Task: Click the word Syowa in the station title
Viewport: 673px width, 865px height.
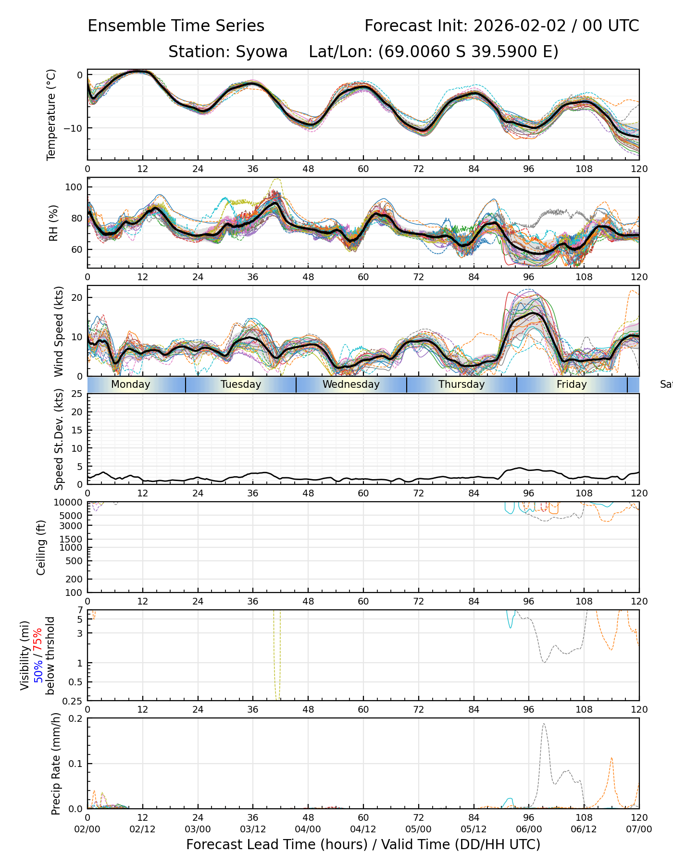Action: [262, 51]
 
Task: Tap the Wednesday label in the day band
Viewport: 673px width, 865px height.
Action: [351, 384]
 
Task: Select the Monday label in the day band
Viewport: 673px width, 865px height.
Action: [131, 384]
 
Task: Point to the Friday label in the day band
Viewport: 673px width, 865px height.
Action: [572, 384]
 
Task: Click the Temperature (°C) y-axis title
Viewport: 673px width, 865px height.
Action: [51, 114]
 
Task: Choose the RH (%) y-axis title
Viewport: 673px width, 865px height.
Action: [53, 223]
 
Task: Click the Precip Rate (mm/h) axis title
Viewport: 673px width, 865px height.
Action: [56, 764]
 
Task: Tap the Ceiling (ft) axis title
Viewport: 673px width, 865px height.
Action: [41, 547]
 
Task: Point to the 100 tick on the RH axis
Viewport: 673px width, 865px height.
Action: [74, 187]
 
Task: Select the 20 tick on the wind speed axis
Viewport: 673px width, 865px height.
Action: [77, 297]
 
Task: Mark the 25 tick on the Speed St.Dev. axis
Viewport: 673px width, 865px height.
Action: [77, 394]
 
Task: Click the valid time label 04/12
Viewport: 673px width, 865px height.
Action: [363, 829]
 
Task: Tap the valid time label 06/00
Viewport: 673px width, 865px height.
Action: [529, 829]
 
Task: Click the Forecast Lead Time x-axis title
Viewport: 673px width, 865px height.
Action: [363, 844]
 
